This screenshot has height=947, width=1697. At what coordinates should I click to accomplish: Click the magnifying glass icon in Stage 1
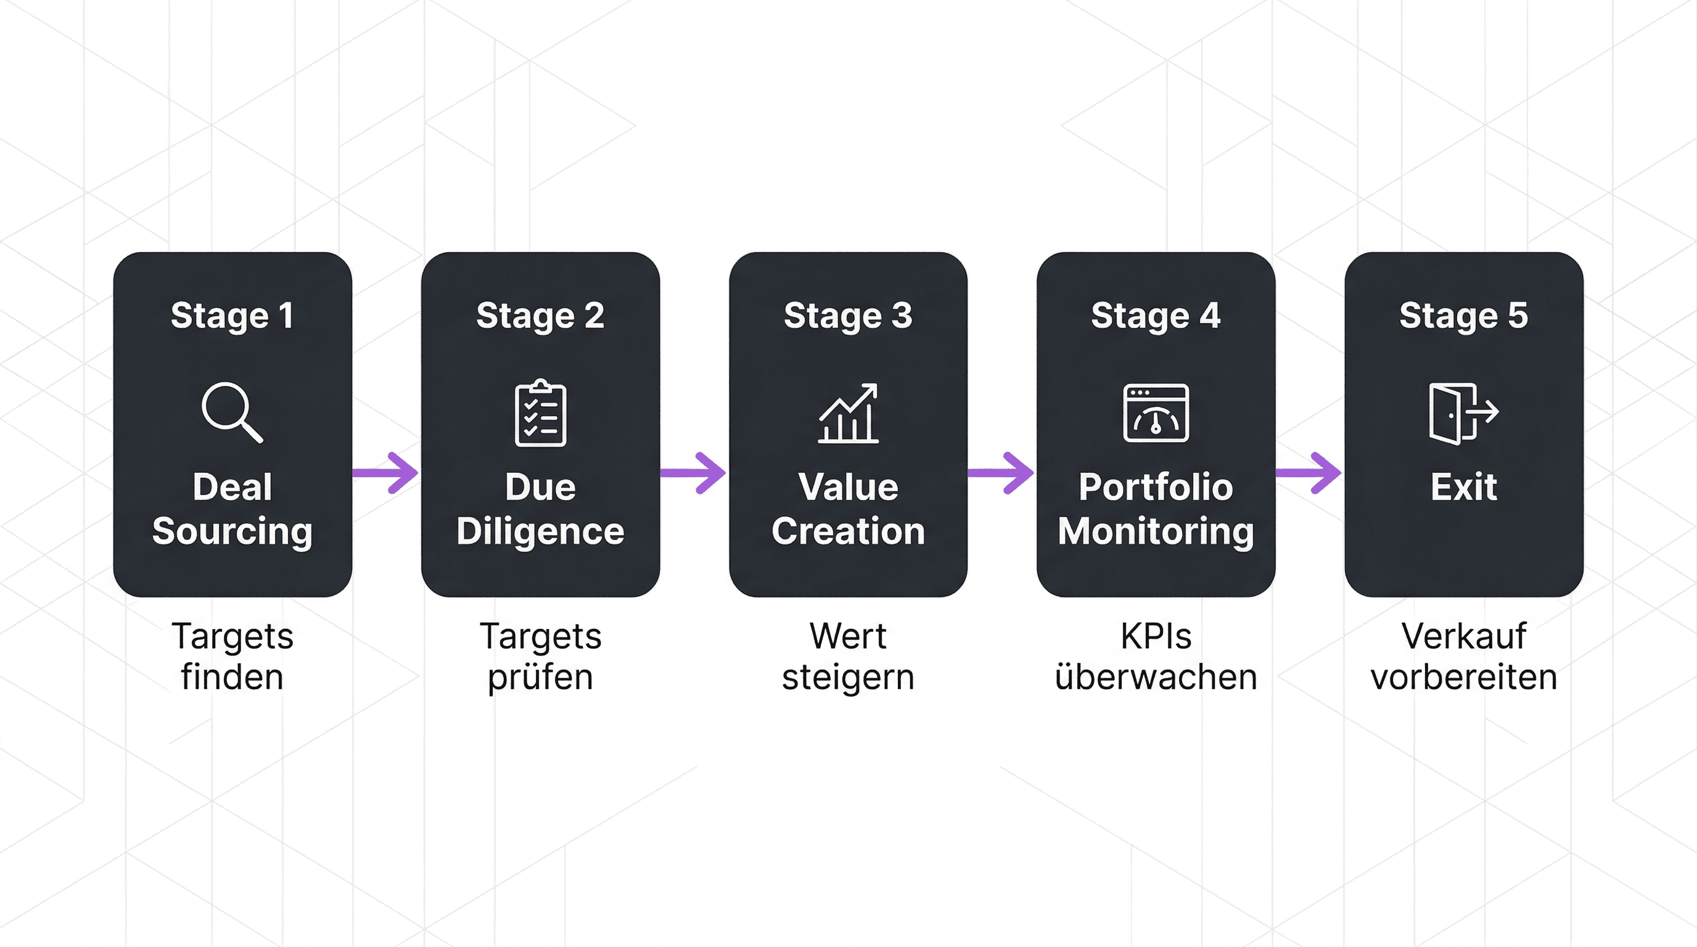(231, 412)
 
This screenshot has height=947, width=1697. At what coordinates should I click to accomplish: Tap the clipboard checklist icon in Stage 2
(540, 414)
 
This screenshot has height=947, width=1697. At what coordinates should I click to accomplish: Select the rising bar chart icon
(848, 413)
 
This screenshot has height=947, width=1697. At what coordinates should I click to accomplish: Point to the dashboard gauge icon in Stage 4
(1156, 413)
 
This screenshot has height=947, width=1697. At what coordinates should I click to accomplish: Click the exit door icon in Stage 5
(1463, 413)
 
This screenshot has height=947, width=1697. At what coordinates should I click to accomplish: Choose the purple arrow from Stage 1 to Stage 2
(387, 472)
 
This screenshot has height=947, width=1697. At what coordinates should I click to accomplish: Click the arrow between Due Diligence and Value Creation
(694, 472)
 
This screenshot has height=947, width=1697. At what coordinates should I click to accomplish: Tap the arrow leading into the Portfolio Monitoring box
(1002, 472)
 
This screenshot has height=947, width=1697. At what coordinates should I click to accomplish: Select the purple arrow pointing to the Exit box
(1310, 472)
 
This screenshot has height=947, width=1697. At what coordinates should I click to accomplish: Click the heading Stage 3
(848, 316)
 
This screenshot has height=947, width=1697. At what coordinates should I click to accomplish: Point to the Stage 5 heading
(1463, 316)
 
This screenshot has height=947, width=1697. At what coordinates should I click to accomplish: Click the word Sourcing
(232, 531)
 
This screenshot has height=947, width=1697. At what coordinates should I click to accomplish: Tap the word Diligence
(540, 531)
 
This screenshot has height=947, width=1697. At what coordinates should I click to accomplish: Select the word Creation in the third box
(848, 531)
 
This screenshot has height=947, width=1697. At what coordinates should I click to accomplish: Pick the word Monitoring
(1156, 531)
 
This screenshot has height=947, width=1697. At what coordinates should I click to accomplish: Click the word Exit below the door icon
(1463, 487)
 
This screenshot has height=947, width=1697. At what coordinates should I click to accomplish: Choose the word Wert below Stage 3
(848, 636)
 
